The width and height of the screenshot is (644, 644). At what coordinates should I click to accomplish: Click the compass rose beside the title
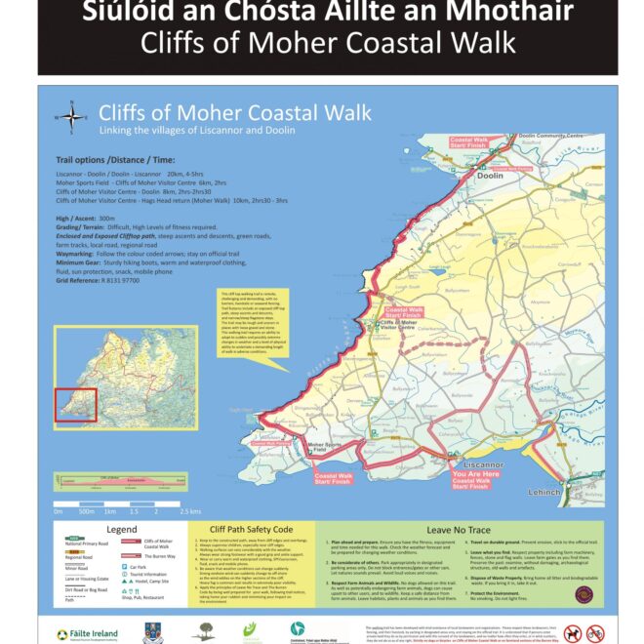pos(72,118)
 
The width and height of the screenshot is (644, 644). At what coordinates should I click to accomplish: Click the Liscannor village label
pos(479,464)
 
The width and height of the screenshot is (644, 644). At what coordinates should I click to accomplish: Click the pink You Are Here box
pos(472,478)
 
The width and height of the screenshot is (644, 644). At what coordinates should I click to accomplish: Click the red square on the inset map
pos(75,404)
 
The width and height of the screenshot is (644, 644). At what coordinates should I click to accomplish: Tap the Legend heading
pos(120,530)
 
